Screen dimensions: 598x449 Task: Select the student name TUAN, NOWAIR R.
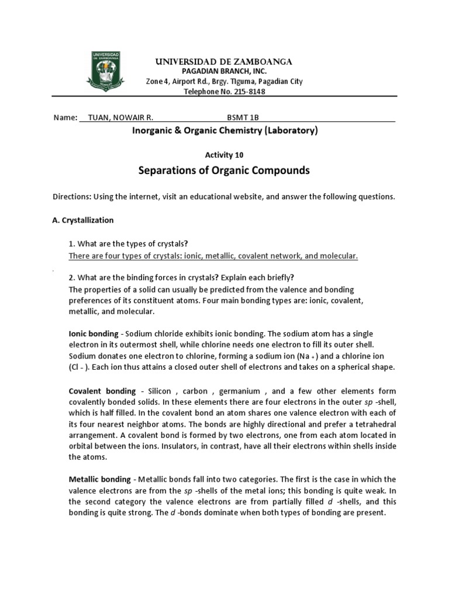[x=120, y=117]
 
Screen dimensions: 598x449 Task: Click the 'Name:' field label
[x=65, y=117]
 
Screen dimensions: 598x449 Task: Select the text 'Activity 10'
[x=224, y=155]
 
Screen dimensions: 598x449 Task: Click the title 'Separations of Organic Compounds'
[x=224, y=171]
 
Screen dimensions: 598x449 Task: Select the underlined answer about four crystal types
[x=213, y=256]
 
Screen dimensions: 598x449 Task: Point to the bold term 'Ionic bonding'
[x=94, y=334]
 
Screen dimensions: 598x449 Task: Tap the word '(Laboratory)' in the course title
[x=291, y=131]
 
